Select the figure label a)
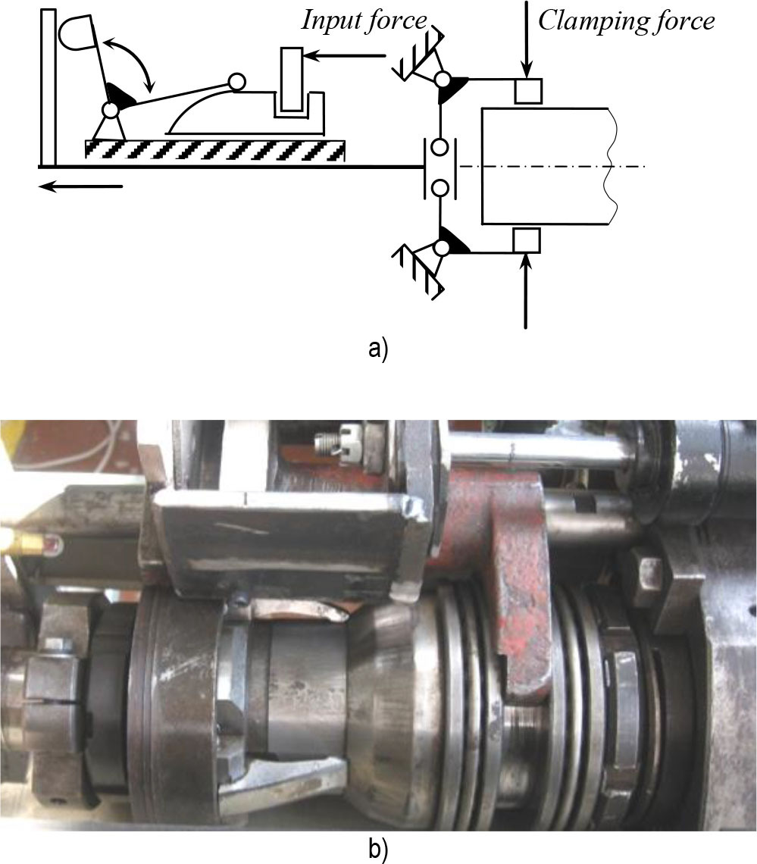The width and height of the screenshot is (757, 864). click(378, 349)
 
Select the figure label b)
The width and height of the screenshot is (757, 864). click(378, 849)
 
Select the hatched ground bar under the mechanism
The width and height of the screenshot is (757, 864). click(215, 149)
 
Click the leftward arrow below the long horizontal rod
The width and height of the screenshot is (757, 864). click(80, 186)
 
